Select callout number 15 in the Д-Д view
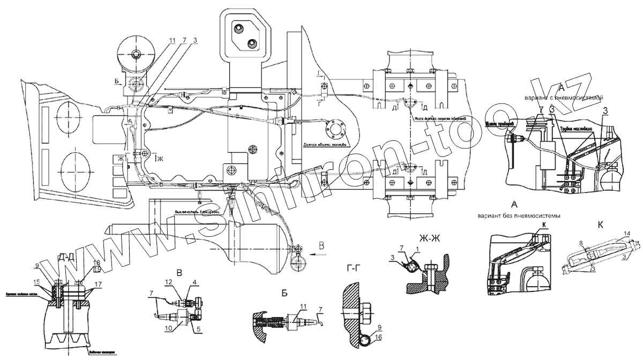tap(37, 282)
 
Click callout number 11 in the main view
tap(171, 40)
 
